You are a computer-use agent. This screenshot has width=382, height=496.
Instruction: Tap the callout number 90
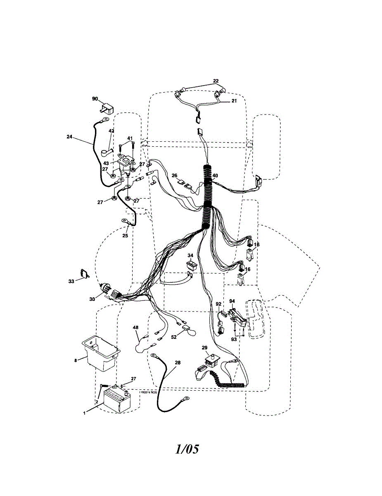pyautogui.click(x=95, y=99)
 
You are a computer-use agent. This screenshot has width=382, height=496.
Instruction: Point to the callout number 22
pyautogui.click(x=216, y=81)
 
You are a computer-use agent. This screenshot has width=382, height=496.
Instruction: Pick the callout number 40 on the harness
pyautogui.click(x=215, y=176)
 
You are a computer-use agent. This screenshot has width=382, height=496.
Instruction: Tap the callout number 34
pyautogui.click(x=190, y=255)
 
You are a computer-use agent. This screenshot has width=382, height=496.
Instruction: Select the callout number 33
pyautogui.click(x=71, y=281)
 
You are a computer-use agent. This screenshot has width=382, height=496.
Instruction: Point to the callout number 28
pyautogui.click(x=178, y=363)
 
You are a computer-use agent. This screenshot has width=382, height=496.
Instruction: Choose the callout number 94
pyautogui.click(x=232, y=301)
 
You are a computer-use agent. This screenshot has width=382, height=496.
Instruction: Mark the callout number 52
pyautogui.click(x=174, y=337)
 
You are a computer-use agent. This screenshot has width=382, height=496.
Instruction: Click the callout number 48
pyautogui.click(x=135, y=327)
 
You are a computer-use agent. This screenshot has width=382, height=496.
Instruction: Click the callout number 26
pyautogui.click(x=174, y=175)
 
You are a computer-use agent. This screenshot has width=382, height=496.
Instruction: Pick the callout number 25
pyautogui.click(x=125, y=236)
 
